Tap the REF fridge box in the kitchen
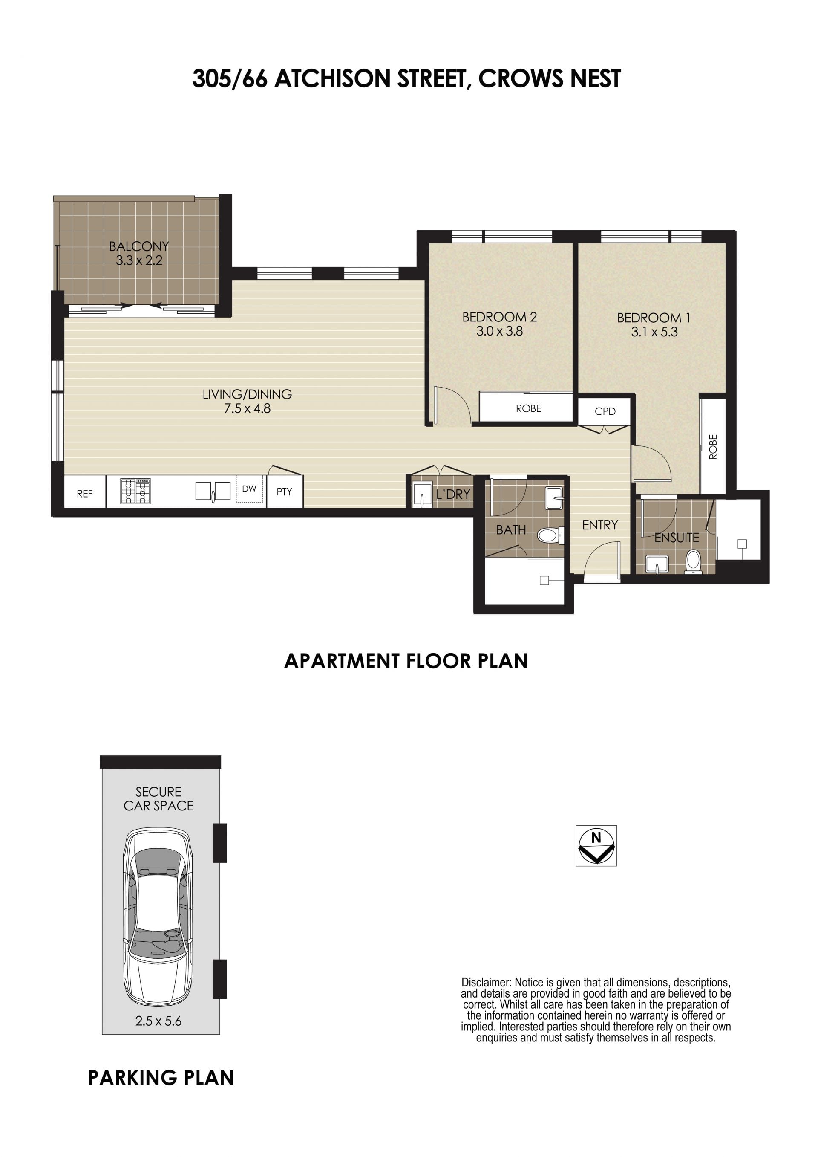click(85, 492)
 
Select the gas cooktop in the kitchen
click(135, 491)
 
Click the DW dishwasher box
click(249, 489)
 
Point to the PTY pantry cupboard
click(285, 492)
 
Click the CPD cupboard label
click(605, 411)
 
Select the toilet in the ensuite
click(693, 562)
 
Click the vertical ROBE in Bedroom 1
click(713, 446)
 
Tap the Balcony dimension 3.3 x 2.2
click(139, 260)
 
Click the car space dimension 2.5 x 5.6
click(158, 1021)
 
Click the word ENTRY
click(600, 525)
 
